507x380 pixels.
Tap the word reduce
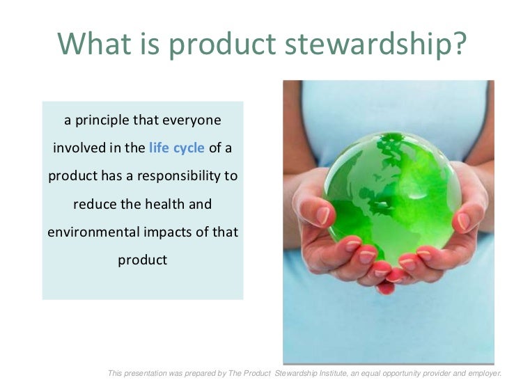(94, 205)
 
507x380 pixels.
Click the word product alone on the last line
(142, 260)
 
